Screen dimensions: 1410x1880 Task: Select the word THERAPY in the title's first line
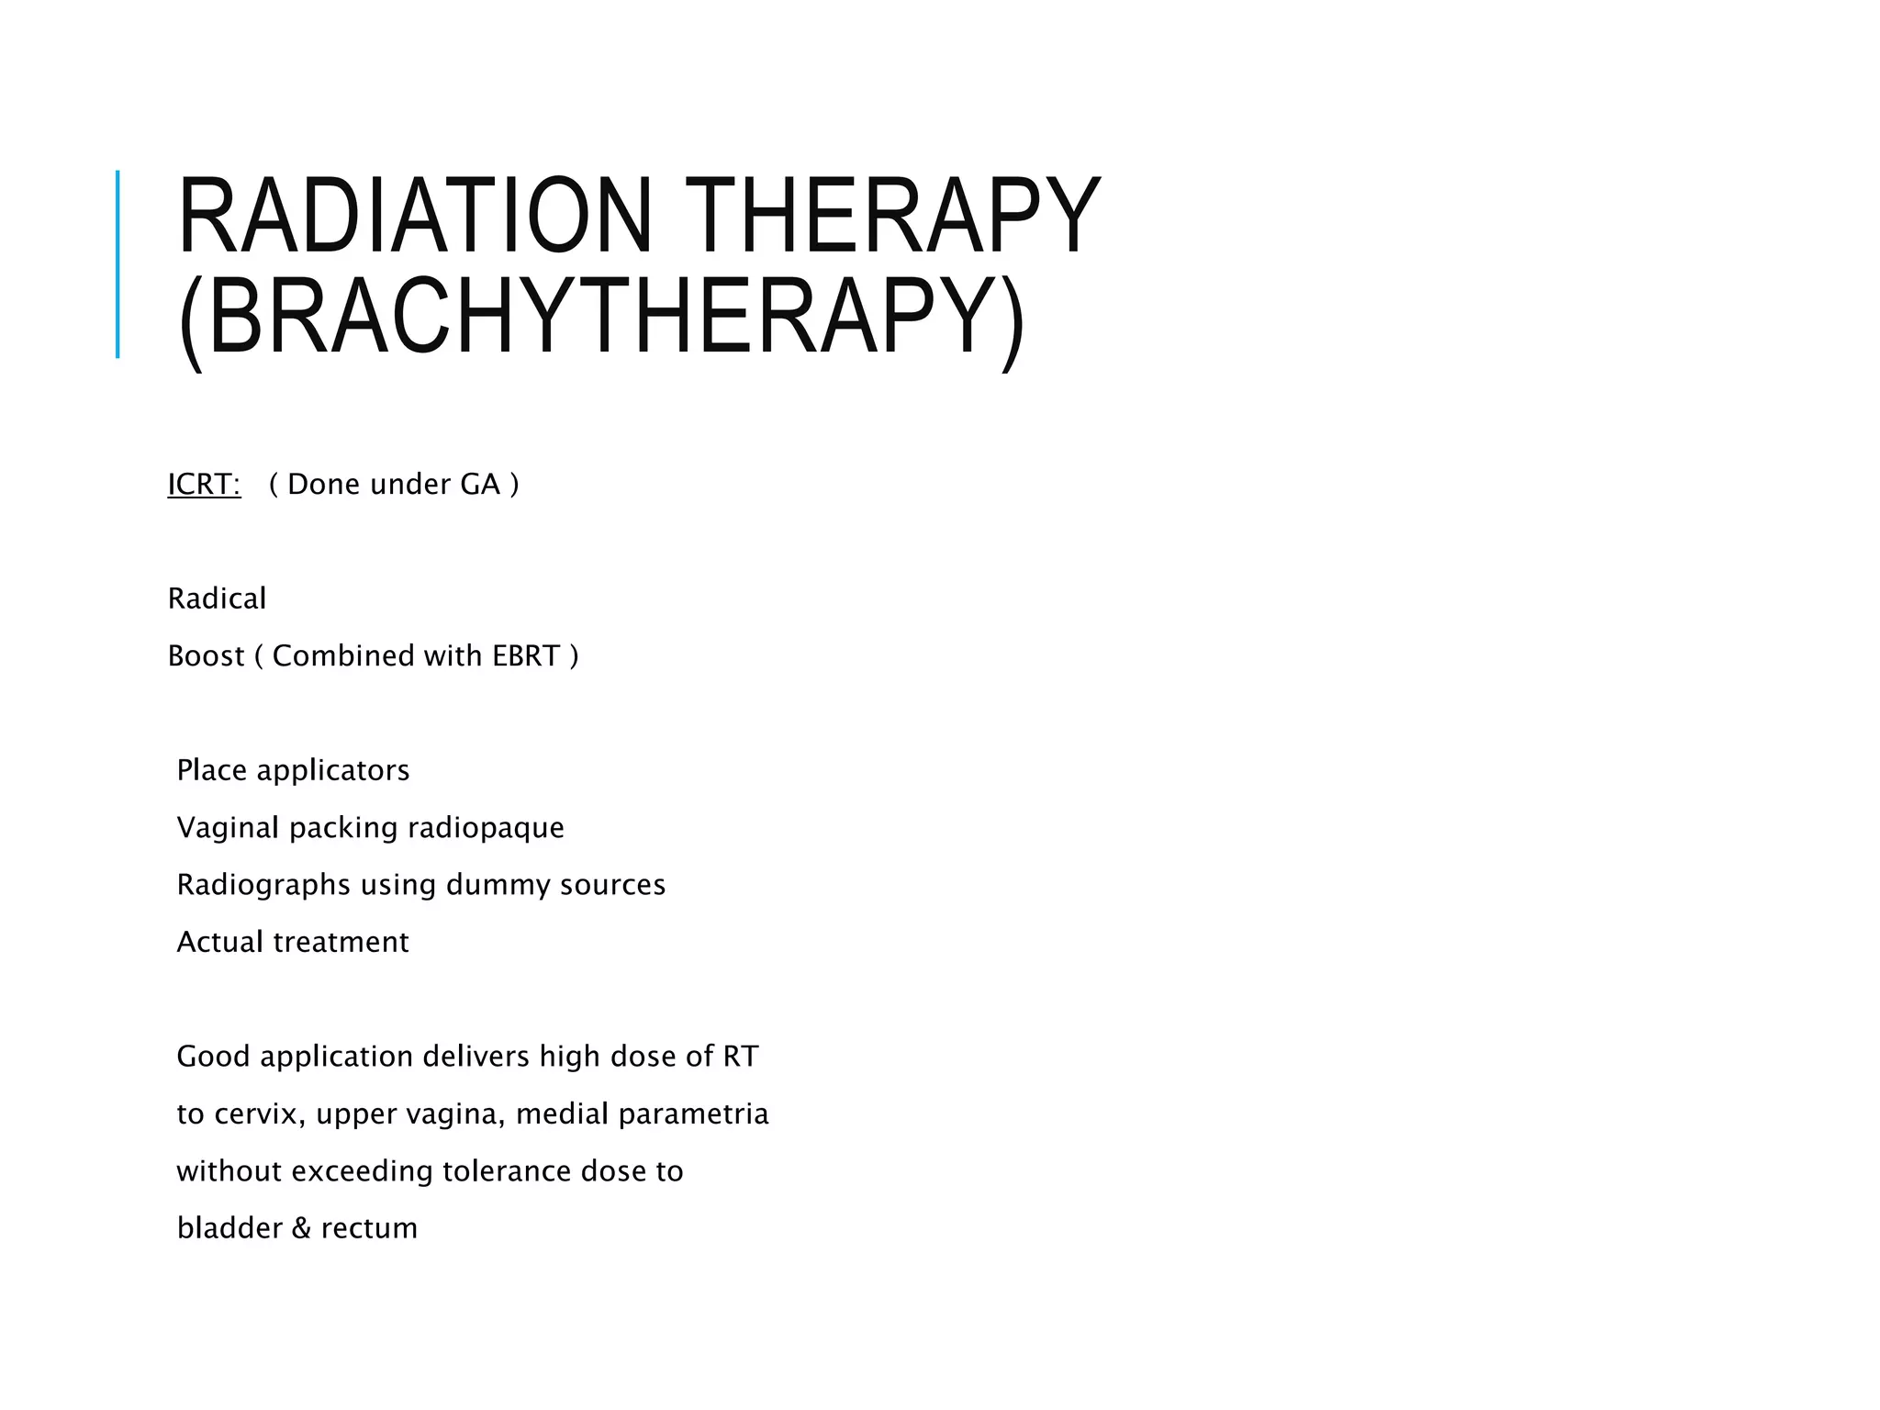[892, 216]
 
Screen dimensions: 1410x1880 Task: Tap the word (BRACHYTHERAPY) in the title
[601, 317]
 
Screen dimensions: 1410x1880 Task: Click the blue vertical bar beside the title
[117, 264]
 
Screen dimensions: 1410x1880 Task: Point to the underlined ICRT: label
[204, 484]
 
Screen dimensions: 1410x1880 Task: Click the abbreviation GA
[480, 484]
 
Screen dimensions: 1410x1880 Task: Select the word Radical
[217, 599]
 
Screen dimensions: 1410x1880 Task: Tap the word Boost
[207, 655]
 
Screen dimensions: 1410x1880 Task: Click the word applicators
[333, 770]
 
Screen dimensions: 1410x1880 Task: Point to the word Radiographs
[263, 885]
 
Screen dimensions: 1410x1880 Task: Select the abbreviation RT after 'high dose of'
[741, 1057]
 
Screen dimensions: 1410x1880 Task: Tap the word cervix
[259, 1114]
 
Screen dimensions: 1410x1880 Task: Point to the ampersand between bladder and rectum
[302, 1228]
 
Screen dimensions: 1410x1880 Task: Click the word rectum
[369, 1228]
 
